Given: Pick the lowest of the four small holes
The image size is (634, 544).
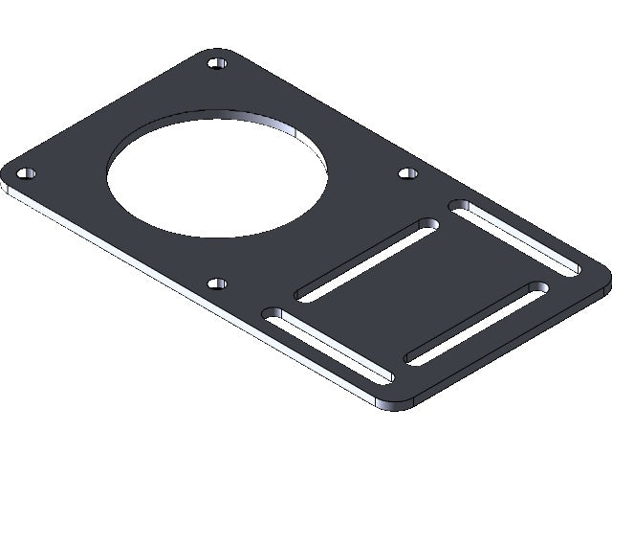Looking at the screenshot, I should [217, 283].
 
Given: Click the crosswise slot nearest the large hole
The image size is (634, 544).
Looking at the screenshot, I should [367, 261].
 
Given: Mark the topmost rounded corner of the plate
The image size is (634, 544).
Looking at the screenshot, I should [221, 51].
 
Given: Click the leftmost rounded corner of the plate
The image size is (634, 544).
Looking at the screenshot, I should [8, 177].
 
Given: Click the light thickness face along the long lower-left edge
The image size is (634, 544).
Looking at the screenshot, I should [191, 292].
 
